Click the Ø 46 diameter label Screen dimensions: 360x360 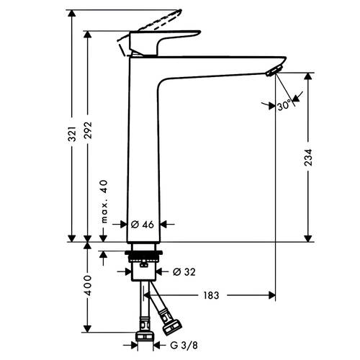[x=143, y=225]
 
